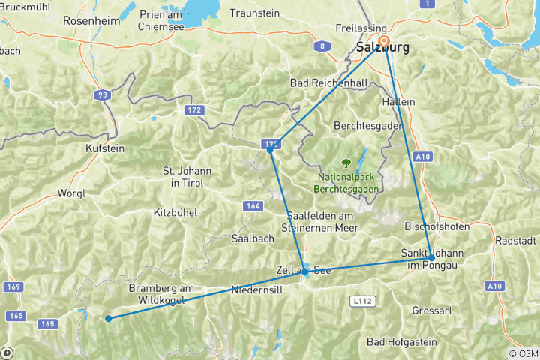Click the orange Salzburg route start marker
point(384,41)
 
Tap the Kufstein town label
point(105,148)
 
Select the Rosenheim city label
point(91,21)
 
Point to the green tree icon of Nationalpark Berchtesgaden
point(346,161)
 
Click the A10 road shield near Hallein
point(424,156)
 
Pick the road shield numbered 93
point(102,95)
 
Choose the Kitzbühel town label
point(175,212)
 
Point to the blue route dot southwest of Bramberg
point(109,318)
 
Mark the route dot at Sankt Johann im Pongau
point(430,257)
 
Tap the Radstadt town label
point(516,241)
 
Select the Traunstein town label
point(254,13)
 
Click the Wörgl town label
point(72,193)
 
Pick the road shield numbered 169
point(12,286)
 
